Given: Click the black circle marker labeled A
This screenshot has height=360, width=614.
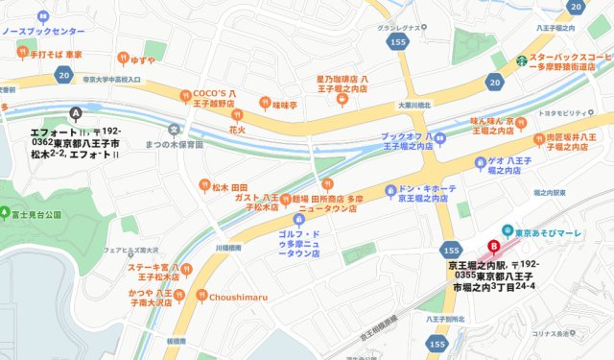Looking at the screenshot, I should point(76,112).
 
